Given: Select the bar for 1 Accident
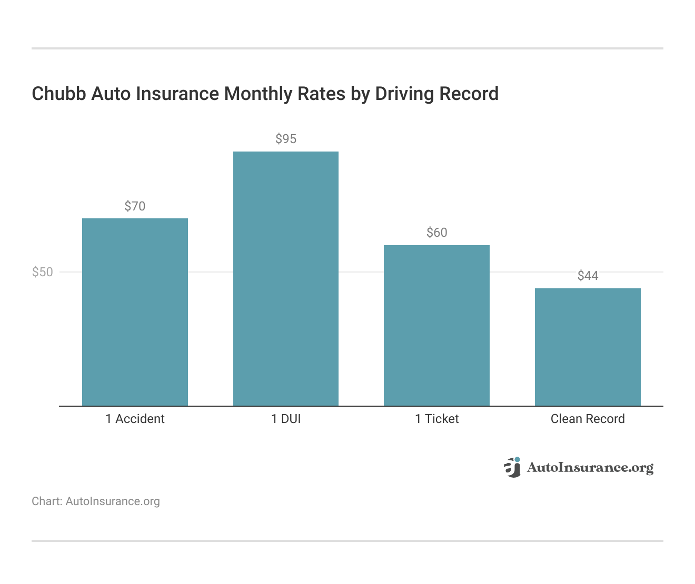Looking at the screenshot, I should pyautogui.click(x=135, y=312).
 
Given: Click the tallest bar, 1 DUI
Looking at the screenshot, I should pyautogui.click(x=286, y=279).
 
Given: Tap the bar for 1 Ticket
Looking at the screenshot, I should pyautogui.click(x=436, y=325).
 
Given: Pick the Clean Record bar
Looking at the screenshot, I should pyautogui.click(x=588, y=347).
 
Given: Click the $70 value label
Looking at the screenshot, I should pyautogui.click(x=135, y=206).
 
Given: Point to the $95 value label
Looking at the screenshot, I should pyautogui.click(x=286, y=139).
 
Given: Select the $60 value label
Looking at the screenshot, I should pyautogui.click(x=436, y=233).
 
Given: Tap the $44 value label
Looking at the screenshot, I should pyautogui.click(x=588, y=276).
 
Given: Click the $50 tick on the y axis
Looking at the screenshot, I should pyautogui.click(x=43, y=272).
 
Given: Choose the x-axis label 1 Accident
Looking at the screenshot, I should pyautogui.click(x=135, y=419).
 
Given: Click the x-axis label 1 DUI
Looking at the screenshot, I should pyautogui.click(x=286, y=419).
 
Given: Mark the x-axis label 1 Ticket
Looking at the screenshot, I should pyautogui.click(x=436, y=419).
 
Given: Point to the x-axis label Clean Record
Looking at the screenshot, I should pyautogui.click(x=588, y=419).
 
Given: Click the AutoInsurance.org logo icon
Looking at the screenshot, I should pyautogui.click(x=512, y=467).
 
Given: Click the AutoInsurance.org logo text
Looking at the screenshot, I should pyautogui.click(x=590, y=467).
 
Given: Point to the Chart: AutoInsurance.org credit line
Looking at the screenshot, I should pyautogui.click(x=96, y=501).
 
